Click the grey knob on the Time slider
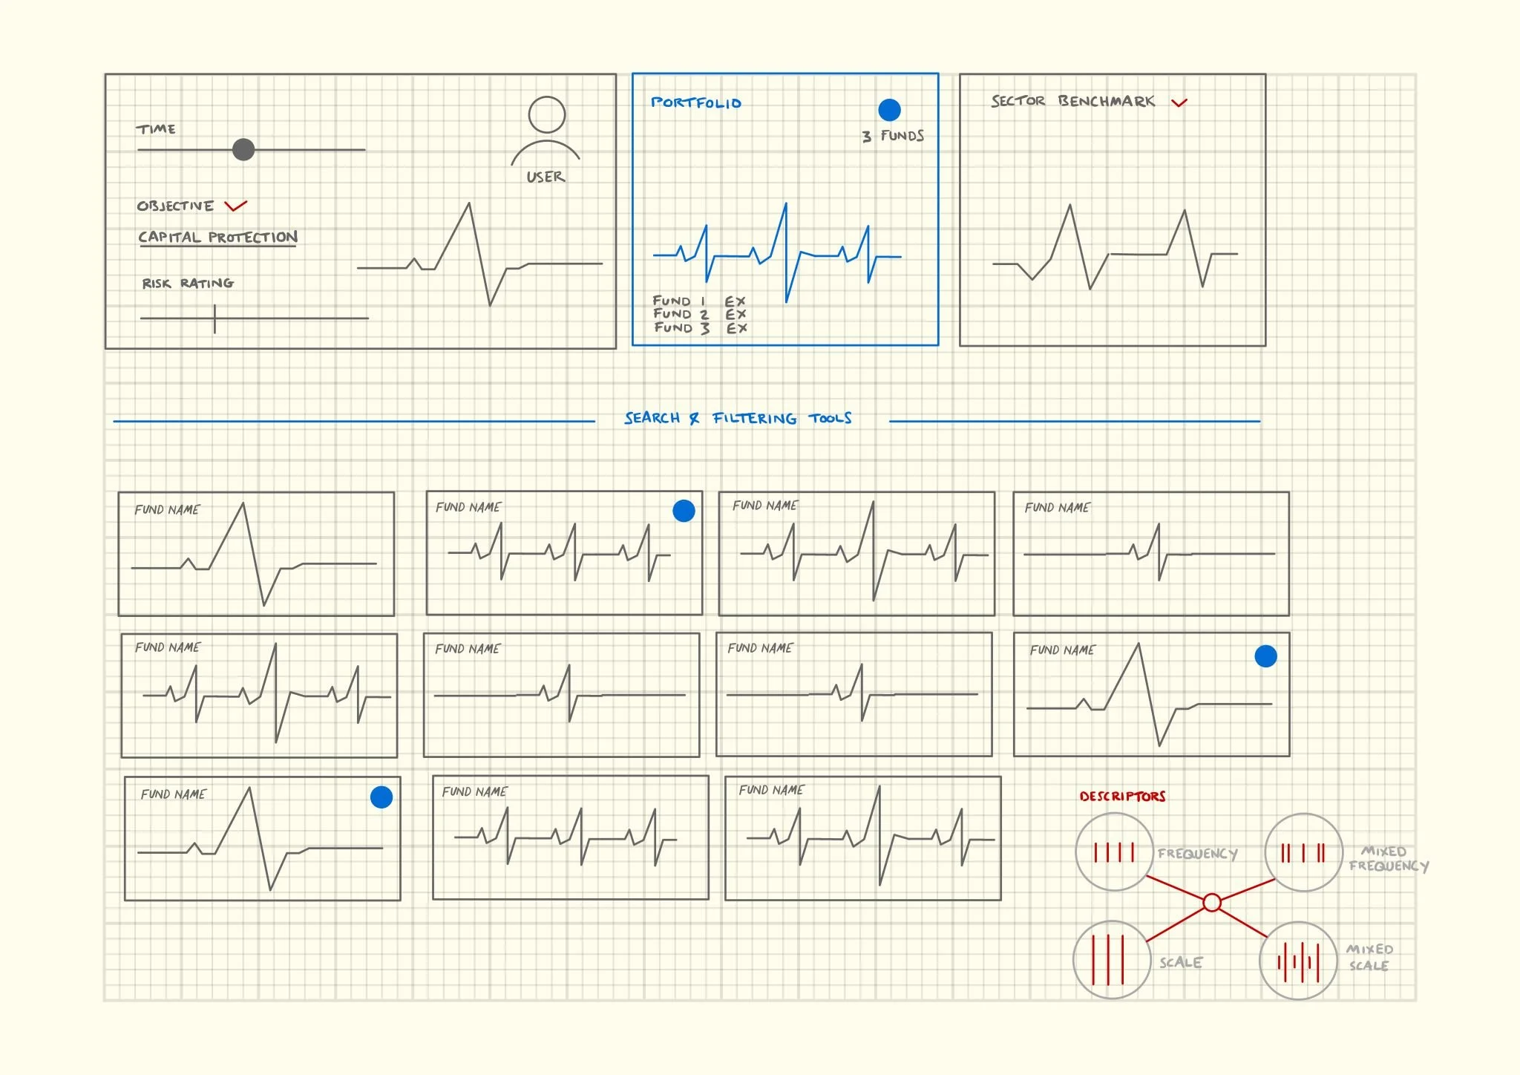[243, 149]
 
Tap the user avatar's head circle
[547, 115]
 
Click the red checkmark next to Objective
[235, 206]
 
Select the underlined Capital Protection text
[217, 238]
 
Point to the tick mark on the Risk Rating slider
[214, 318]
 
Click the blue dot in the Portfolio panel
[889, 110]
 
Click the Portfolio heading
[696, 102]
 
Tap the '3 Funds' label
[893, 136]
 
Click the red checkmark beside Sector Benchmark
[1179, 102]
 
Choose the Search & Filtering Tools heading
[738, 418]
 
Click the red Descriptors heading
[1122, 796]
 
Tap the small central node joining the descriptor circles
[1212, 903]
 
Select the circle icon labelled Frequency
[1114, 852]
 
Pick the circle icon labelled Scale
[1112, 960]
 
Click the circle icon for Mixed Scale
[1298, 961]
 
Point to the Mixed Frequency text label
[1387, 859]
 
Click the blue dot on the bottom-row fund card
[381, 797]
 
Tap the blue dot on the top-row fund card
[684, 511]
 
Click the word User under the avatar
[546, 177]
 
